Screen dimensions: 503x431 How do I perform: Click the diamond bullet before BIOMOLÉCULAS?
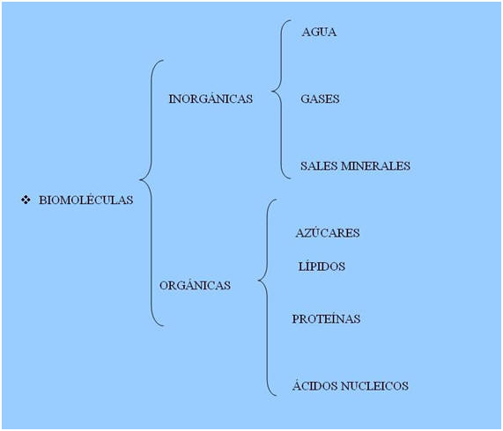(26, 200)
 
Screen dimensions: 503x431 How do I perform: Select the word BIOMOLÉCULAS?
(86, 199)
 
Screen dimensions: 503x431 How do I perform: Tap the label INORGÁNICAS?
(211, 98)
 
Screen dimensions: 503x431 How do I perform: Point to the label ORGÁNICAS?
(195, 284)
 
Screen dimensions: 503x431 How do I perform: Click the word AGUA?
(319, 32)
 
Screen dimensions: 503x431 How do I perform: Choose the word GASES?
(320, 99)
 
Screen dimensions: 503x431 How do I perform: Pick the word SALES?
(319, 165)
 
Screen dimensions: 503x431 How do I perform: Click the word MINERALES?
(375, 165)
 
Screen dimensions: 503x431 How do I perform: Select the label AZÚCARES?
(328, 232)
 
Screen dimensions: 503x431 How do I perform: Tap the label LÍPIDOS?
(322, 266)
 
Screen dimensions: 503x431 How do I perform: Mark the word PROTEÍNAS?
(326, 318)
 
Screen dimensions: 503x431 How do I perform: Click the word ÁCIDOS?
(315, 385)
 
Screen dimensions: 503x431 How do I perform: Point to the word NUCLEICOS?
(374, 385)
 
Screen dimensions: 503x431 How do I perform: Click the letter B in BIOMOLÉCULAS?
(42, 200)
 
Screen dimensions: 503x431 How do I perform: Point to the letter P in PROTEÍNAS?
(295, 318)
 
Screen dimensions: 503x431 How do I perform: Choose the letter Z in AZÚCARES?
(307, 233)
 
